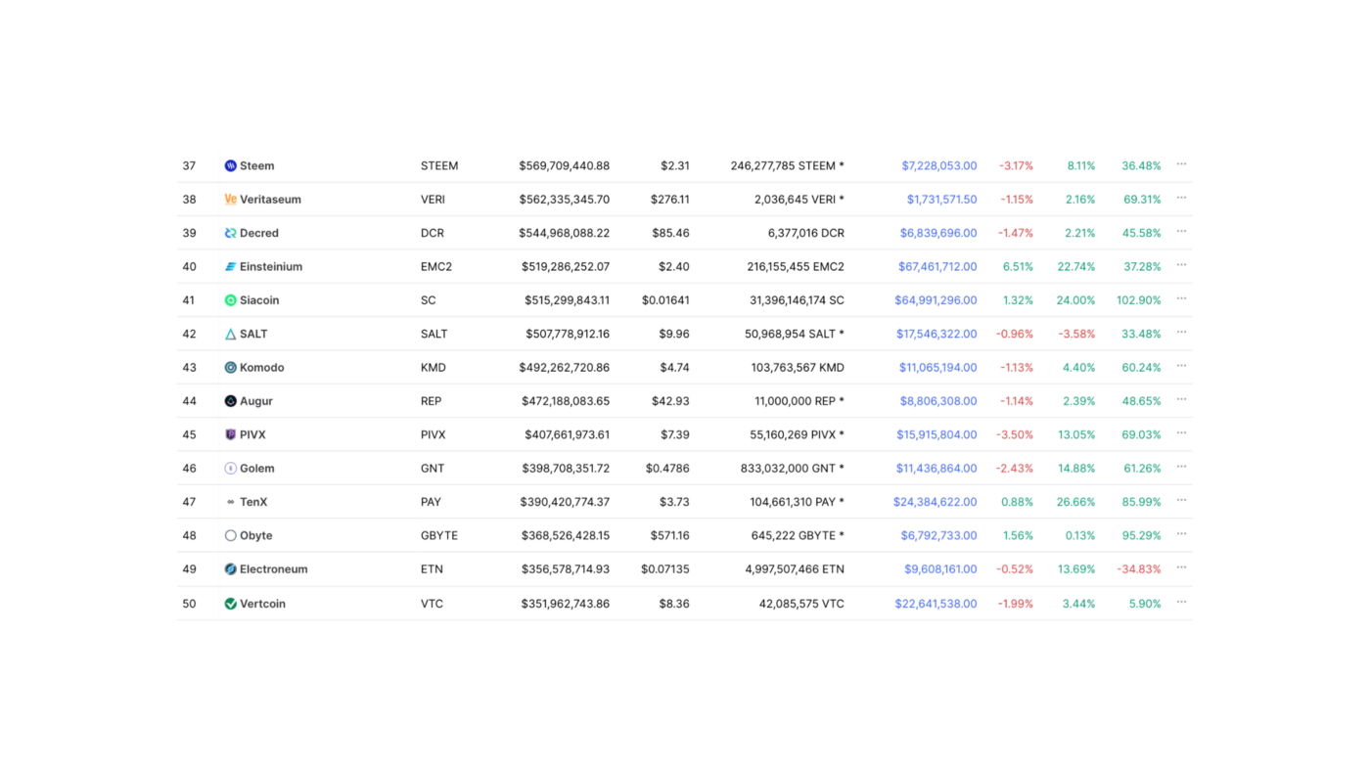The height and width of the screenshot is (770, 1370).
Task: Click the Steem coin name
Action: [256, 166]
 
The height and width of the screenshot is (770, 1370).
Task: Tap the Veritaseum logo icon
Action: [230, 200]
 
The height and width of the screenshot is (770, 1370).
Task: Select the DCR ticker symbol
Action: [432, 233]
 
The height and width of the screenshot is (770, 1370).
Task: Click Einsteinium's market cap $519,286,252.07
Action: [564, 267]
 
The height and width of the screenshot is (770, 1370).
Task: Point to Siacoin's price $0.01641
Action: [665, 300]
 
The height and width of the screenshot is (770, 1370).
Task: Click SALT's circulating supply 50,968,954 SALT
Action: [794, 334]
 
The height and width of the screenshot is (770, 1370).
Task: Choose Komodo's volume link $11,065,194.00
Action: [937, 368]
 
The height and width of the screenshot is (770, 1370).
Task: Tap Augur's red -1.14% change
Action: [1016, 401]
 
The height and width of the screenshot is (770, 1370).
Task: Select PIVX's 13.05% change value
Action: [1076, 434]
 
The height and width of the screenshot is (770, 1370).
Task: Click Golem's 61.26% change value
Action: [1141, 469]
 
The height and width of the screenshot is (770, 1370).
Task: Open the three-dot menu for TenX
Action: [1181, 501]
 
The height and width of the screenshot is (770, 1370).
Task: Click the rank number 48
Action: [189, 536]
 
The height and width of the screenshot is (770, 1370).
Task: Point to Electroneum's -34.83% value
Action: [1138, 569]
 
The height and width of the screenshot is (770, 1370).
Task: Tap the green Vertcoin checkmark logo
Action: [230, 604]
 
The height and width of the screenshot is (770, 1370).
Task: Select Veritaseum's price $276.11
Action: [669, 200]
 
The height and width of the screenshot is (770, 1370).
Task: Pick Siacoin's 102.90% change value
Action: [1138, 300]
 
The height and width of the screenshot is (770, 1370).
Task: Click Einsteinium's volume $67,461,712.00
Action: [936, 267]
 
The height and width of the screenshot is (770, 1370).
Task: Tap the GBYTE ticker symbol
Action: [438, 536]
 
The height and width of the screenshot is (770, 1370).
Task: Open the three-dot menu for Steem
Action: [1181, 164]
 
